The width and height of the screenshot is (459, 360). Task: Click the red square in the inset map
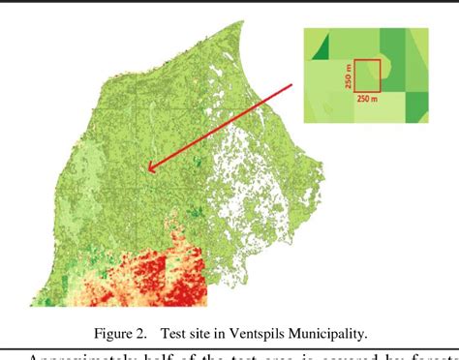pos(366,75)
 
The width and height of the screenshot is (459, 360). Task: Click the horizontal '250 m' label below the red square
pos(367,98)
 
